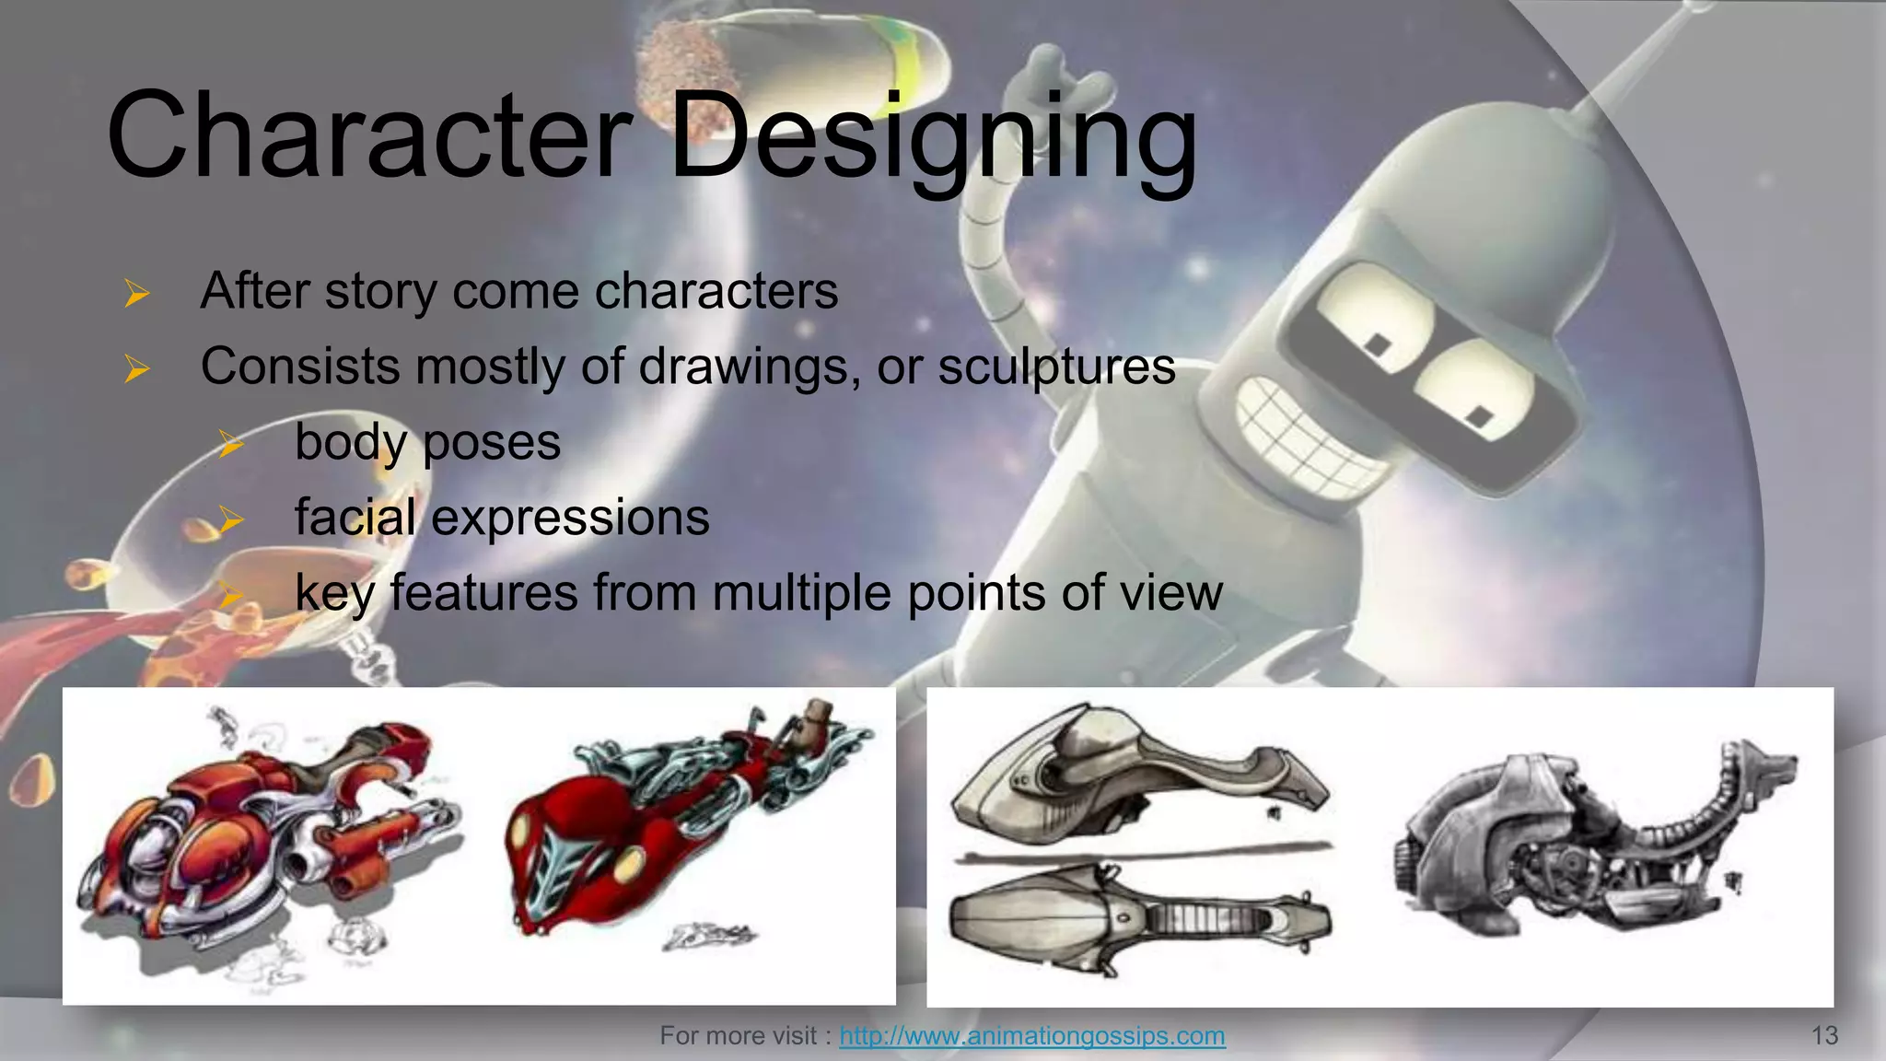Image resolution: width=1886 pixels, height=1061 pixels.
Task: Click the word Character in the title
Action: [368, 136]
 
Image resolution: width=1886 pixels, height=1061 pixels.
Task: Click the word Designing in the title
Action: [932, 138]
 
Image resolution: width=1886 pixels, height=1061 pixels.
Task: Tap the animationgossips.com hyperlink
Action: [1031, 1036]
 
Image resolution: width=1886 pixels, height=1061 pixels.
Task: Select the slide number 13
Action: [1824, 1036]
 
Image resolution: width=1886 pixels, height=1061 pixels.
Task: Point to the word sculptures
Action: [1056, 367]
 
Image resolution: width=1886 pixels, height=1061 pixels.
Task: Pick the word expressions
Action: [570, 517]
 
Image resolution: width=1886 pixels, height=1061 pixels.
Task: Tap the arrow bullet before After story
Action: [137, 294]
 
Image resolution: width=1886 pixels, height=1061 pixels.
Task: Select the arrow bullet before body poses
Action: [231, 445]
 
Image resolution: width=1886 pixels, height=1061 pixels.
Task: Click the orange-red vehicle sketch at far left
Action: [267, 829]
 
